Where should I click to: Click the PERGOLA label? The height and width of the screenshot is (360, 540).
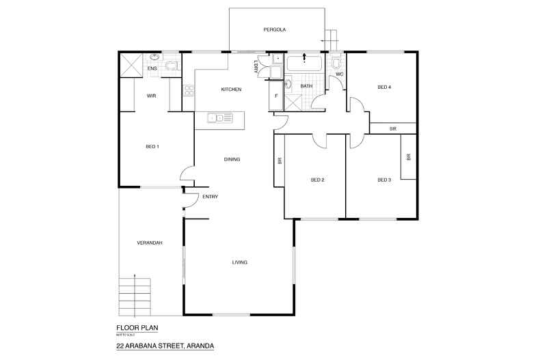(274, 30)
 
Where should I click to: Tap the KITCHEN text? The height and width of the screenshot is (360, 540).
(230, 89)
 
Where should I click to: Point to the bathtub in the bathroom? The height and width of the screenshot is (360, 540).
(305, 64)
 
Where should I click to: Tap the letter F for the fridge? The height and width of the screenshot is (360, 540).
(275, 96)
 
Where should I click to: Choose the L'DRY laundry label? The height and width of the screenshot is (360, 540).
(256, 66)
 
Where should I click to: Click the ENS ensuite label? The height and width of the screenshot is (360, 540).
(152, 68)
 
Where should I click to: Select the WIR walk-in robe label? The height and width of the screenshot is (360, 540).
(151, 96)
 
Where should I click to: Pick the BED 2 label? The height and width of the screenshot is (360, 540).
(317, 180)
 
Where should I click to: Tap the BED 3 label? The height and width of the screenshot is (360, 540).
(384, 180)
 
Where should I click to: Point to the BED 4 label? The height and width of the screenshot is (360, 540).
(384, 87)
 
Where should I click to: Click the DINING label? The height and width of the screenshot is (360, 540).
(232, 159)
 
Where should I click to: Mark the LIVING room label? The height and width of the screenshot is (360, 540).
(239, 262)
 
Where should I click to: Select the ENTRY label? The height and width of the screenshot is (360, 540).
(210, 197)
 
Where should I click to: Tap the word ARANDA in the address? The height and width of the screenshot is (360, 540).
(198, 346)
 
